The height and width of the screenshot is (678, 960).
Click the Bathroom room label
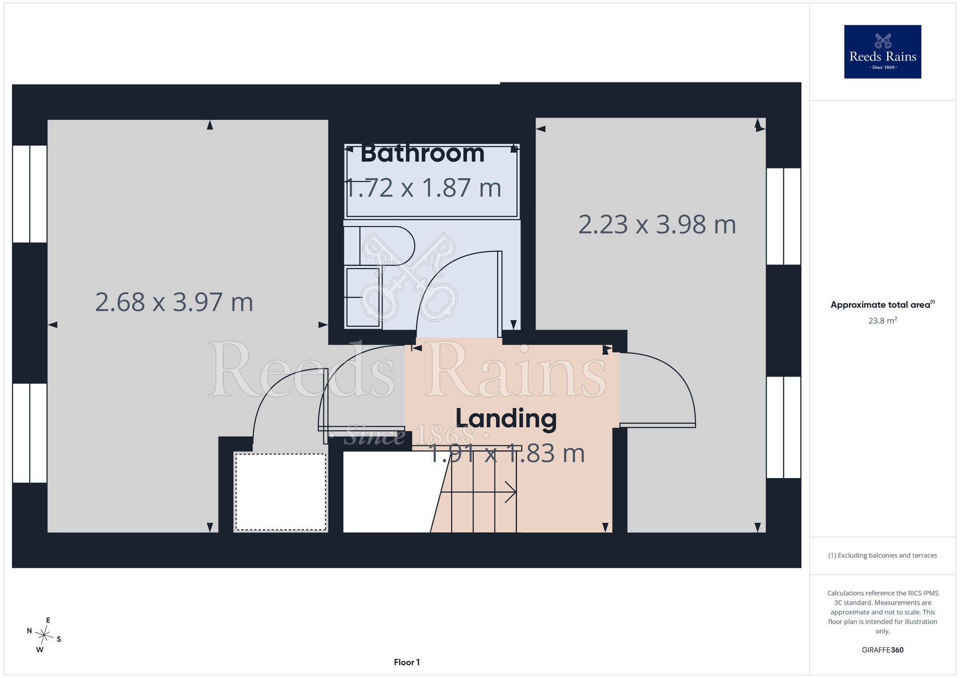pos(422,153)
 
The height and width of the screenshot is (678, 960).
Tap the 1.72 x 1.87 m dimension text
pos(423,187)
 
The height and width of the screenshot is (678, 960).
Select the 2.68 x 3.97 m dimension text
pos(174,302)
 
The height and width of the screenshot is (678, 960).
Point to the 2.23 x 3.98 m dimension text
pos(657,224)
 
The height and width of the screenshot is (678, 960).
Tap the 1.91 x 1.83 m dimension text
pos(506,454)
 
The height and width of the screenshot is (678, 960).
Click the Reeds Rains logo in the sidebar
pos(883,52)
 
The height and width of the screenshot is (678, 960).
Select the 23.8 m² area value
pos(883,320)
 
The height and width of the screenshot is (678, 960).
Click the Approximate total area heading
pos(883,304)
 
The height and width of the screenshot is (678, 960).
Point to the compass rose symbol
pos(44,635)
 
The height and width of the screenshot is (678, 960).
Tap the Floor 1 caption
pos(407,662)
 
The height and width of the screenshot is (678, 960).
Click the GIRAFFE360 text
pos(883,650)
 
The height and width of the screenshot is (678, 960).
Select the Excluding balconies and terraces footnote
pos(883,555)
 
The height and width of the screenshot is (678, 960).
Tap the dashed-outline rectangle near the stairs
pos(281,492)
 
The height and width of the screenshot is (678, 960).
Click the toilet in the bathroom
pos(379,245)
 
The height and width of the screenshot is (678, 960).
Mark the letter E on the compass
pos(48,620)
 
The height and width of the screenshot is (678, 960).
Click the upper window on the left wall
pos(30,194)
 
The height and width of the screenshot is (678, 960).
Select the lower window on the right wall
pos(783,427)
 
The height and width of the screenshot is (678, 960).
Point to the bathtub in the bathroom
pos(432,181)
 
